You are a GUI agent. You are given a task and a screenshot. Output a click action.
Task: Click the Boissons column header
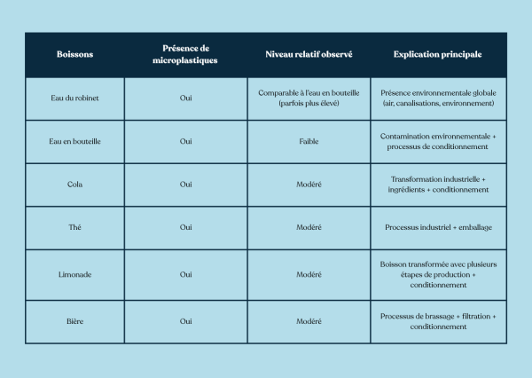(x=74, y=54)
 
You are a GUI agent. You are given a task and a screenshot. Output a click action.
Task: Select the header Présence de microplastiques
(x=185, y=54)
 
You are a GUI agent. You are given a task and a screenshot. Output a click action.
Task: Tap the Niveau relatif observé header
(x=309, y=54)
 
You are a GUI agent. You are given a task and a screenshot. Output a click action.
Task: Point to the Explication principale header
(x=438, y=54)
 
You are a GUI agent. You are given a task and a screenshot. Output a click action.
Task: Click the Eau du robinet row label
(x=74, y=98)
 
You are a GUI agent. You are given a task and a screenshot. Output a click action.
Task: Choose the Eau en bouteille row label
(x=74, y=141)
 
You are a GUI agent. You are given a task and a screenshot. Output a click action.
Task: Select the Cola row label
(x=74, y=185)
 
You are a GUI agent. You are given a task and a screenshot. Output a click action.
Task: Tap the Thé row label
(x=74, y=227)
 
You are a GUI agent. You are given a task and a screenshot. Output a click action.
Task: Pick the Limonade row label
(x=74, y=274)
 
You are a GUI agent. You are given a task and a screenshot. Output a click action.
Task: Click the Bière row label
(x=74, y=321)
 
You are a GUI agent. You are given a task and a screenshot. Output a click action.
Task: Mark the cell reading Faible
(x=309, y=141)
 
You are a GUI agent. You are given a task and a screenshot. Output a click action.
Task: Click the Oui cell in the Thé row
(x=185, y=227)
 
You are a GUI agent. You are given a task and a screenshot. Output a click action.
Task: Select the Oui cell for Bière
(x=185, y=321)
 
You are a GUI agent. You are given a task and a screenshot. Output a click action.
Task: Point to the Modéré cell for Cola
(x=309, y=185)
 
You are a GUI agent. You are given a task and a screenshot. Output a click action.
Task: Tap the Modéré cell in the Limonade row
(x=309, y=274)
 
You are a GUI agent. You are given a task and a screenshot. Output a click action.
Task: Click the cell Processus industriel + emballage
(x=438, y=227)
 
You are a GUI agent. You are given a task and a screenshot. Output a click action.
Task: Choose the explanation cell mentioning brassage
(x=438, y=321)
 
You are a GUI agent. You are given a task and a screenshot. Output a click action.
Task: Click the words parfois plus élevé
(x=309, y=103)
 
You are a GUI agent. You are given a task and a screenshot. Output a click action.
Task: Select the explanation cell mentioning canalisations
(x=438, y=98)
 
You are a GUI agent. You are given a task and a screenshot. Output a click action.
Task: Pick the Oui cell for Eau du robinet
(x=185, y=98)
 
